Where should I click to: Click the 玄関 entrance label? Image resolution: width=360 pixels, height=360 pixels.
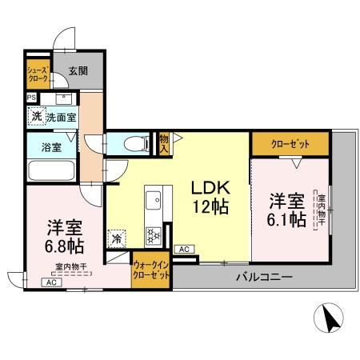point(78,71)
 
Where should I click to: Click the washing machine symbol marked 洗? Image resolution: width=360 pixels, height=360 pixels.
point(36,116)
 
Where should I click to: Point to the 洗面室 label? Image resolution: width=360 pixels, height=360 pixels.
point(61,117)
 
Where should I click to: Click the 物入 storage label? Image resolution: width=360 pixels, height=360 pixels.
point(164,143)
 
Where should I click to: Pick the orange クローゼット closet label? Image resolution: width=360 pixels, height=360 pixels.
point(290,145)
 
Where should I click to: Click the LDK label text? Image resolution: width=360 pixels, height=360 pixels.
point(210,187)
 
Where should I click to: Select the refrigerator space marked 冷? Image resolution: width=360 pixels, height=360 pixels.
point(117,238)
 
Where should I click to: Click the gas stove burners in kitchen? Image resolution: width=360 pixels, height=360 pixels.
point(153,234)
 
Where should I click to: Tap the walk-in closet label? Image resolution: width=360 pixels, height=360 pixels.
point(151,269)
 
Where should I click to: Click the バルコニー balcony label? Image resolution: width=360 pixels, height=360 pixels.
point(263,277)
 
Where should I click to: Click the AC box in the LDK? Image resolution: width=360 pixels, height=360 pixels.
point(184,250)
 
